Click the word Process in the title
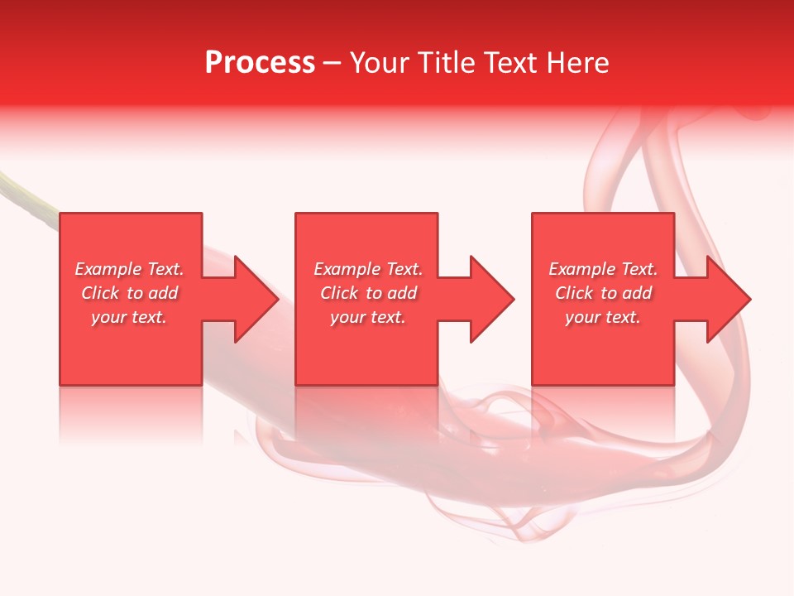pyautogui.click(x=260, y=63)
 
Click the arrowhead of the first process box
pyautogui.click(x=256, y=299)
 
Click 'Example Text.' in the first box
pyautogui.click(x=130, y=269)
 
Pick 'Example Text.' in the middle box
pyautogui.click(x=368, y=269)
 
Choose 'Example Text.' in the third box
pyautogui.click(x=603, y=269)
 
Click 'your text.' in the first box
pyautogui.click(x=129, y=317)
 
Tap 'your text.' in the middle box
pyautogui.click(x=367, y=317)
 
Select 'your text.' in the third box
pyautogui.click(x=602, y=317)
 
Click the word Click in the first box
pyautogui.click(x=101, y=293)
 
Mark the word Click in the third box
pyautogui.click(x=575, y=293)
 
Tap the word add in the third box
pyautogui.click(x=637, y=293)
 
